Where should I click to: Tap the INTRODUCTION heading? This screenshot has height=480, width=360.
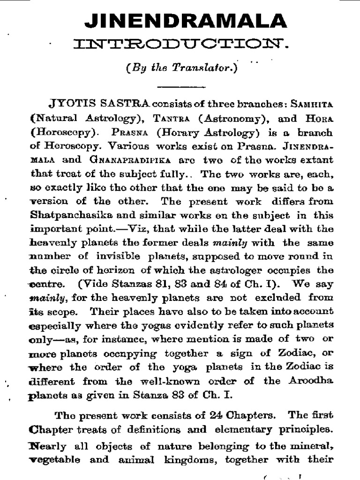pos(180,45)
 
